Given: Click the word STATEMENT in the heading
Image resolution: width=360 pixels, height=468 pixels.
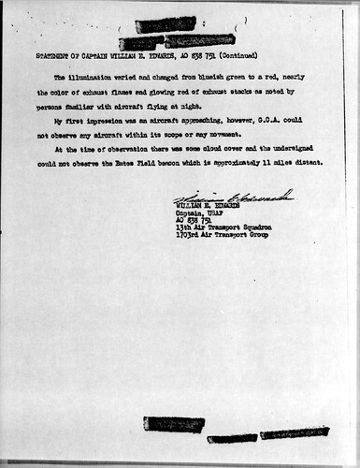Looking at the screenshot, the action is pyautogui.click(x=50, y=57).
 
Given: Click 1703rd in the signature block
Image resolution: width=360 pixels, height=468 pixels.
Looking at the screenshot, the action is pyautogui.click(x=190, y=233).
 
